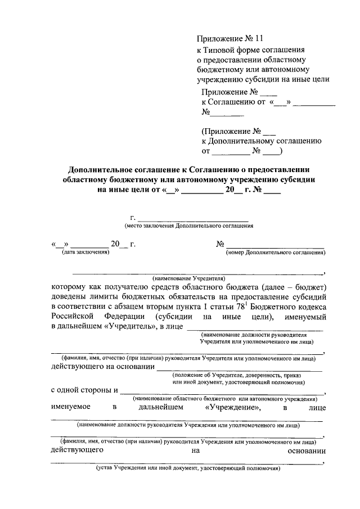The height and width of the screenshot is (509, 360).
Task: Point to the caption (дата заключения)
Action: click(x=85, y=253)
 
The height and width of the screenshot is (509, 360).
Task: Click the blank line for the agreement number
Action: click(x=276, y=245)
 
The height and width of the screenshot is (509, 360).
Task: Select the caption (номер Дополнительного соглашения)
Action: click(x=276, y=253)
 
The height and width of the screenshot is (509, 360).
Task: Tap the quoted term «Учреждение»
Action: click(x=232, y=407)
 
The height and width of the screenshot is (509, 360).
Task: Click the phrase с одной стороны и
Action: click(x=84, y=390)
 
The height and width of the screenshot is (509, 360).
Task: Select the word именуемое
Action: click(x=71, y=407)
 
